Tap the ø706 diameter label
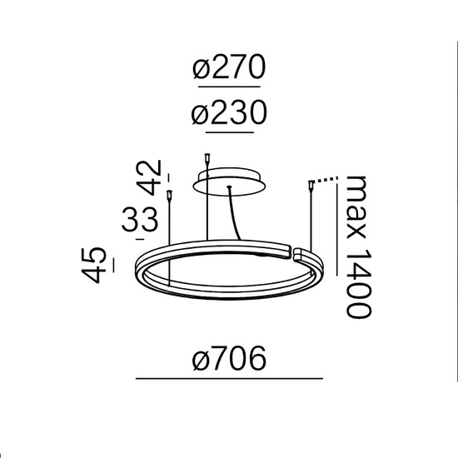(x=227, y=359)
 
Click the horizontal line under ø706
(x=227, y=380)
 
